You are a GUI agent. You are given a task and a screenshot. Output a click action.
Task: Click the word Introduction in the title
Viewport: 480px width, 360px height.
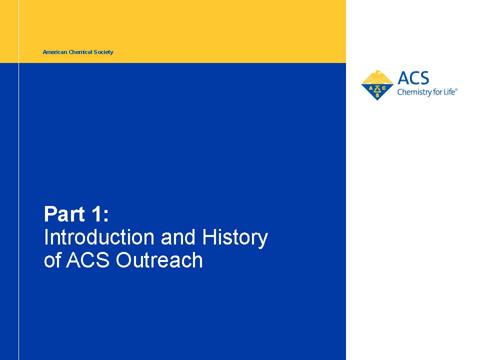pyautogui.click(x=99, y=237)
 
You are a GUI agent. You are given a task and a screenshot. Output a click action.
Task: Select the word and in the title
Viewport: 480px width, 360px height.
pyautogui.click(x=178, y=237)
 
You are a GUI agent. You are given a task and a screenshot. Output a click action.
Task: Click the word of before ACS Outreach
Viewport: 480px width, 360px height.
pyautogui.click(x=52, y=260)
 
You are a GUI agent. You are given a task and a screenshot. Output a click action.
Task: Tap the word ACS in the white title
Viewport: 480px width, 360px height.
pyautogui.click(x=88, y=260)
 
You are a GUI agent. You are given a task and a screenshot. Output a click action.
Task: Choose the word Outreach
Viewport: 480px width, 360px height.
pyautogui.click(x=159, y=260)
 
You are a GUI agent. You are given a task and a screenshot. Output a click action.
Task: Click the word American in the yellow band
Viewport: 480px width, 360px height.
pyautogui.click(x=55, y=52)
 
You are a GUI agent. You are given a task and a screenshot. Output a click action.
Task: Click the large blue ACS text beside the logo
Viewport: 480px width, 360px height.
pyautogui.click(x=413, y=78)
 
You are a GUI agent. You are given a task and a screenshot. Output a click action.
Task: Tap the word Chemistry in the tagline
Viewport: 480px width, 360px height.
pyautogui.click(x=412, y=92)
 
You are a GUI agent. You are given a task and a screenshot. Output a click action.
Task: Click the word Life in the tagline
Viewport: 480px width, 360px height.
pyautogui.click(x=449, y=91)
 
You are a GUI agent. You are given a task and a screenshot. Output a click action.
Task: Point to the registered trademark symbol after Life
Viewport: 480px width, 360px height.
pyautogui.click(x=456, y=89)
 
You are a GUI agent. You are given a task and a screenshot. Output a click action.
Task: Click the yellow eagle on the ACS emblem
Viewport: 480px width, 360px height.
pyautogui.click(x=377, y=77)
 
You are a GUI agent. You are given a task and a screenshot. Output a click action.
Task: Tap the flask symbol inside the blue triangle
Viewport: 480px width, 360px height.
pyautogui.click(x=377, y=89)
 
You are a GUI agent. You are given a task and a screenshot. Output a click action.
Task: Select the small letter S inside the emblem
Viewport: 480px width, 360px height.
pyautogui.click(x=377, y=95)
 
